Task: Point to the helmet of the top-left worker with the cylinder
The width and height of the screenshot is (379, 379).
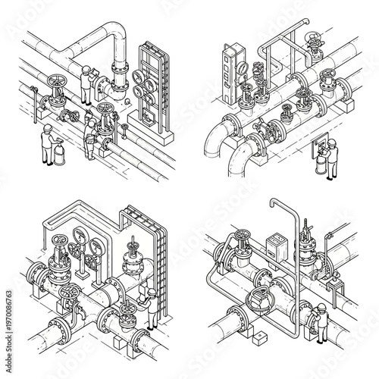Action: click(x=46, y=130)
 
